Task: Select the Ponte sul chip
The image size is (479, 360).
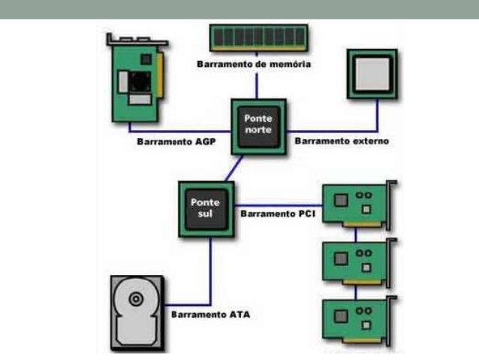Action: pos(203,208)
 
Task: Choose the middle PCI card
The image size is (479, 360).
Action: pos(357,260)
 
